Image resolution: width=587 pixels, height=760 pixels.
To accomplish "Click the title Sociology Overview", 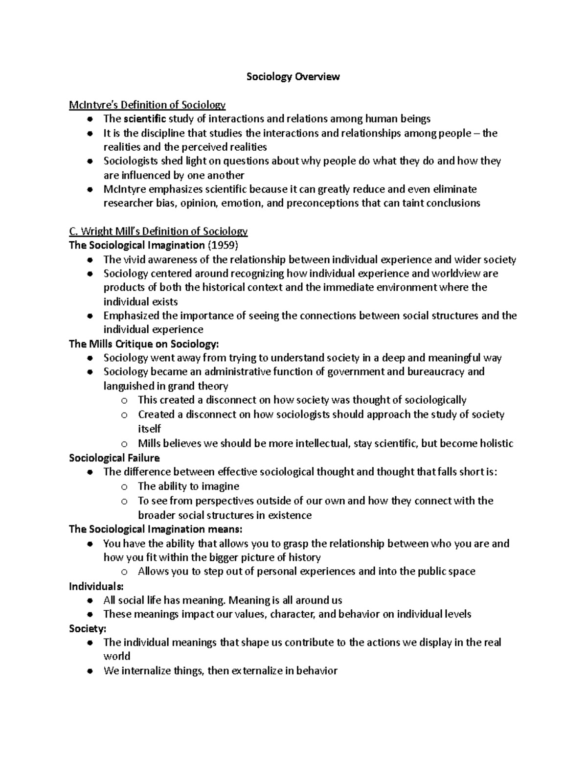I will click(x=293, y=77).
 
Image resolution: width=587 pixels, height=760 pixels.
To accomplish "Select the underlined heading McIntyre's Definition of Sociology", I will click(x=147, y=105).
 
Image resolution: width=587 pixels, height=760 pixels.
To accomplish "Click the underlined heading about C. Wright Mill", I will click(x=158, y=231).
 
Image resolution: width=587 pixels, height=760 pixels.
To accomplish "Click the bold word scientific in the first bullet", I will click(x=145, y=119).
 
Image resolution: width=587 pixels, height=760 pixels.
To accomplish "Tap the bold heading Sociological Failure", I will click(x=114, y=458).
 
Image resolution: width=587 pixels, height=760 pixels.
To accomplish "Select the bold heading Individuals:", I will click(x=96, y=586).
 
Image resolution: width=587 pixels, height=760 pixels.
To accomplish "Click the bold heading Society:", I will click(x=88, y=628).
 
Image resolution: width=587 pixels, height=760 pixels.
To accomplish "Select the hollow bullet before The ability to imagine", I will click(x=124, y=487).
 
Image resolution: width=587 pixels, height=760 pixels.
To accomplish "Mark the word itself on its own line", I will click(x=149, y=429).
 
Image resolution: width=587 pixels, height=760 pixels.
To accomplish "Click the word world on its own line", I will click(x=116, y=656).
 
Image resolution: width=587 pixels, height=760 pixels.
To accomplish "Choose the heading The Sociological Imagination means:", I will click(x=156, y=530).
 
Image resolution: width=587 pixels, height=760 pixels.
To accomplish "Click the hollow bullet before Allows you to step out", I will click(x=124, y=572).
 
